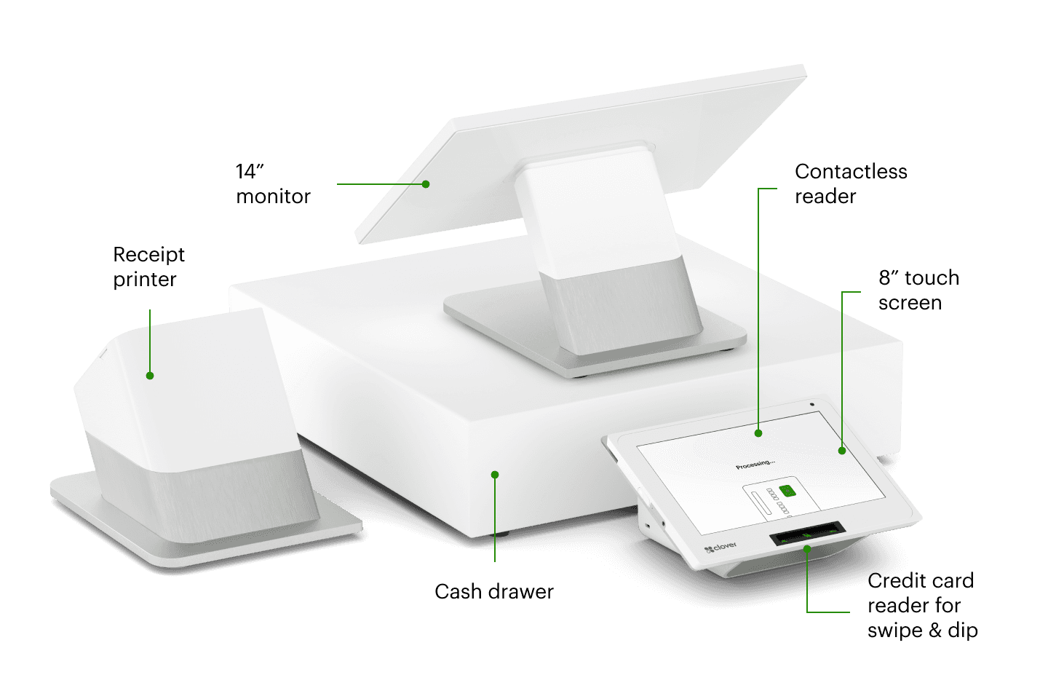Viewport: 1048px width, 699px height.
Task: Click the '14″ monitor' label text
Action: point(272,183)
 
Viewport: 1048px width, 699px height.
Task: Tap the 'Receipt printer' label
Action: point(148,266)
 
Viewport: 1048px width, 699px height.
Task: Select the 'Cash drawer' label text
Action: point(493,591)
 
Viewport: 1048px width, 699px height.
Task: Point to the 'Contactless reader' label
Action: point(850,183)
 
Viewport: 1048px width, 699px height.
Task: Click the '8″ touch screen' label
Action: point(918,290)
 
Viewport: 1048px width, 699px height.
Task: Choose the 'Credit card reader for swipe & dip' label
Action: point(921,605)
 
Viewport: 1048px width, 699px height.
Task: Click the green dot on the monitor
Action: point(426,184)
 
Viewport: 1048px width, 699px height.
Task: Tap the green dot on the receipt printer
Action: point(150,376)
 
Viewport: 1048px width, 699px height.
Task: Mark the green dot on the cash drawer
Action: point(495,475)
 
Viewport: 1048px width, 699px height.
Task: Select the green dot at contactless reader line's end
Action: point(758,433)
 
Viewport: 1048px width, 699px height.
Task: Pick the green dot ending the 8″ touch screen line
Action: point(842,451)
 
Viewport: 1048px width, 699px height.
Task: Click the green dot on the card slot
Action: point(807,548)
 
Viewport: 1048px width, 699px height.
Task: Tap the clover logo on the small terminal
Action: point(720,547)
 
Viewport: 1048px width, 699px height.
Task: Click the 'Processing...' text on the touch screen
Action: point(755,464)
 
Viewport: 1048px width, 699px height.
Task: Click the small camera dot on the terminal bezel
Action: point(811,404)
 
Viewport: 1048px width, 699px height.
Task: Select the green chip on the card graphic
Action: point(787,491)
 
